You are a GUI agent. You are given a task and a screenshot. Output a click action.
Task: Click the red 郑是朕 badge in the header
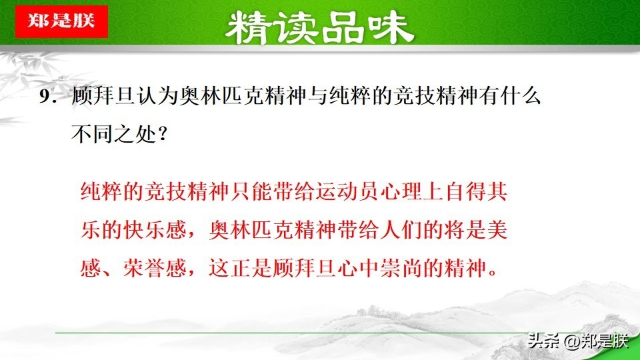(61, 21)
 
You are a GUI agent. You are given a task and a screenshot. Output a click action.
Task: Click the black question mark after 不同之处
(162, 134)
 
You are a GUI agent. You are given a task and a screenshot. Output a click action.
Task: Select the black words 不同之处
(114, 133)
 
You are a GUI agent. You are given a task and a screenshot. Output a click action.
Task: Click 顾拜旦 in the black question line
(103, 96)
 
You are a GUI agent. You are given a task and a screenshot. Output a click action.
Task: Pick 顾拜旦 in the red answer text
(305, 268)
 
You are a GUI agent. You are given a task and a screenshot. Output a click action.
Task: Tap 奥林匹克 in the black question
(221, 96)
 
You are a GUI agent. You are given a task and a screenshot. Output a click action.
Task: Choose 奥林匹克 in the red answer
(251, 230)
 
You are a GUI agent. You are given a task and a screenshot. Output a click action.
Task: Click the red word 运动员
(347, 191)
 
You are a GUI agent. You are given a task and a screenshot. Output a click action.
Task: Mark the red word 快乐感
(155, 230)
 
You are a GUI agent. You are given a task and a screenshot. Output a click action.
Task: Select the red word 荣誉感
(155, 268)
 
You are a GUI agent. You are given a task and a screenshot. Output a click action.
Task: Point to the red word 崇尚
(401, 268)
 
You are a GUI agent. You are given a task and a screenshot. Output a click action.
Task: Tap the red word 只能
(251, 191)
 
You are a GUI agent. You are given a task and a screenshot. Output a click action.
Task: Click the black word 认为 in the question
(157, 96)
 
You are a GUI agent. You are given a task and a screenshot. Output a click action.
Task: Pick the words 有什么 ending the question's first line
(509, 96)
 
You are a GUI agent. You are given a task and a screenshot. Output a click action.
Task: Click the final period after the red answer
(493, 273)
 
